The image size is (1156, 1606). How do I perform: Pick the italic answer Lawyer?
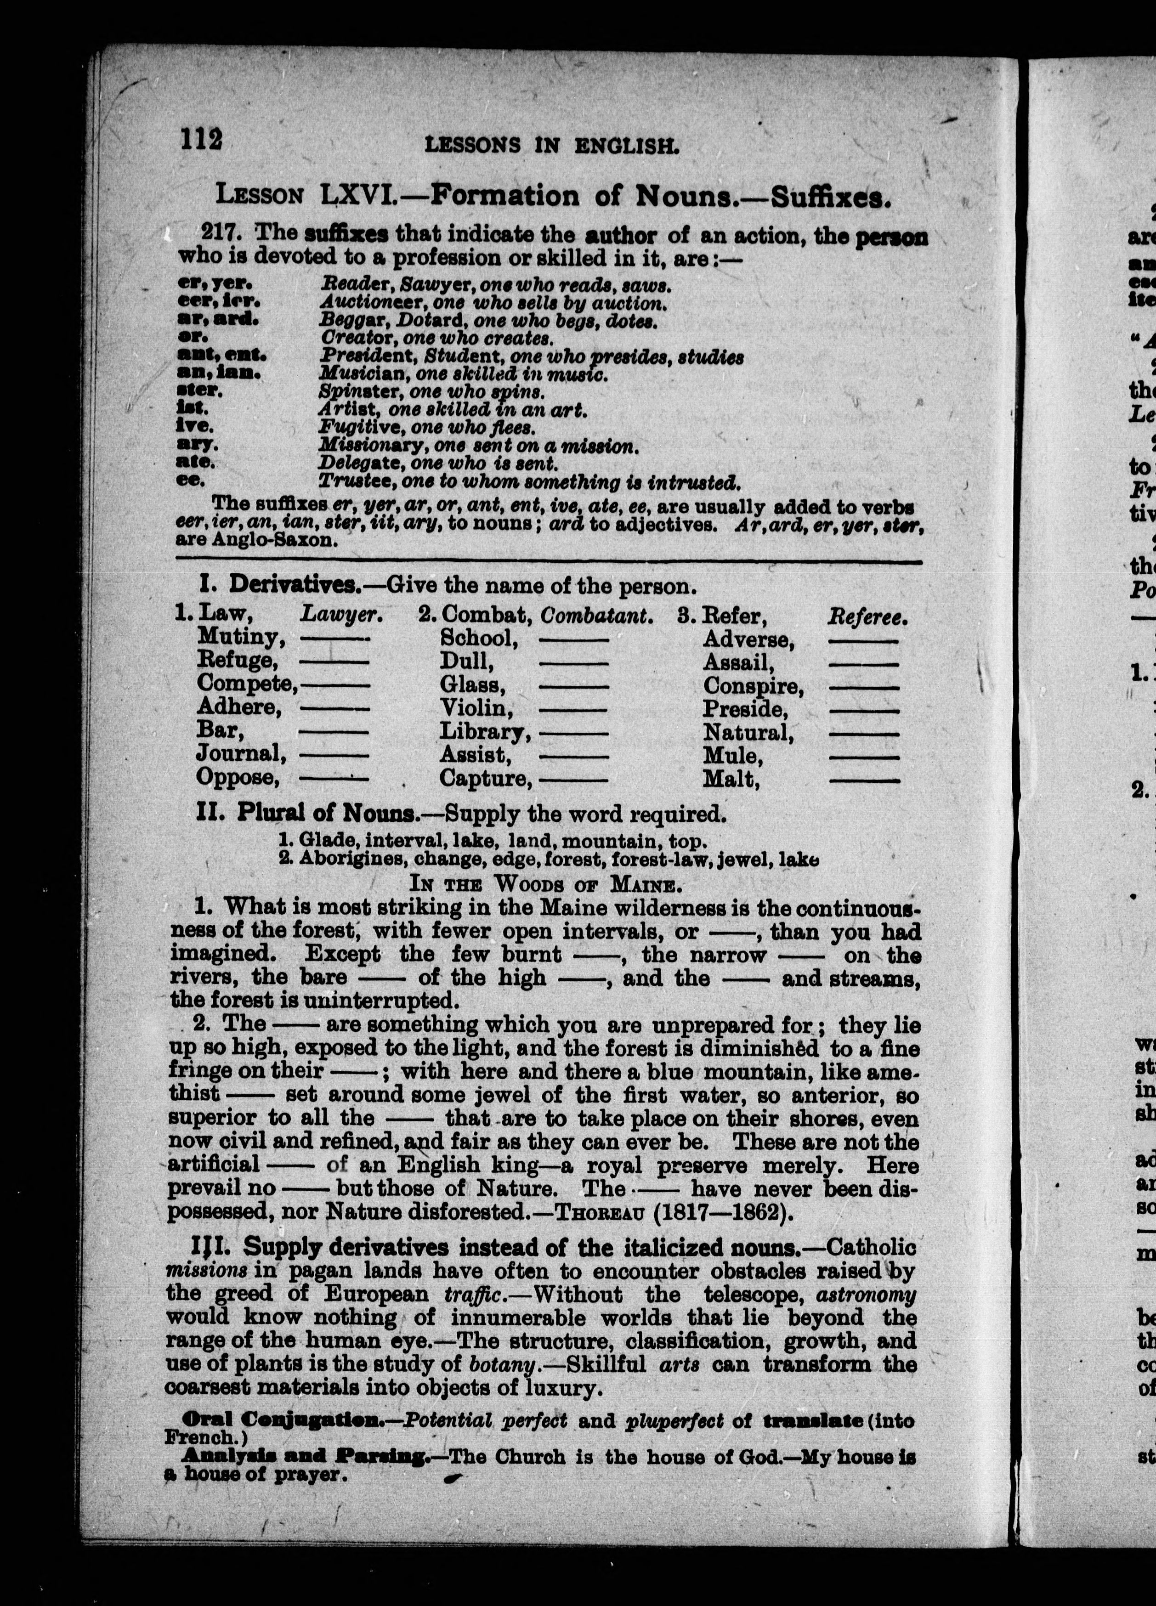(341, 616)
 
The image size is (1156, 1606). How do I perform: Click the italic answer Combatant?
(596, 616)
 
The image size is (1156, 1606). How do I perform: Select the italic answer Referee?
(867, 617)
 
